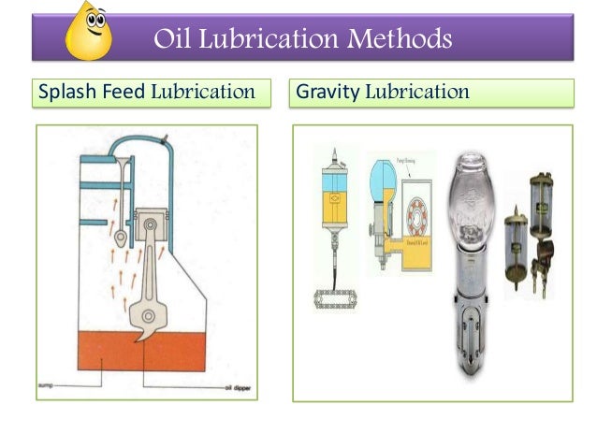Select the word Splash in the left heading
[64, 93]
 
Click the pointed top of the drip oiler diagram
[331, 152]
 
